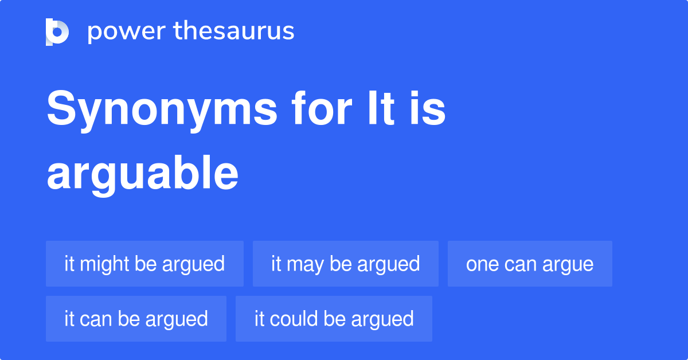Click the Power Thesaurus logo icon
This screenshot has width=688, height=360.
pos(57,32)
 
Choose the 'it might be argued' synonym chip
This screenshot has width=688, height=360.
pos(144,264)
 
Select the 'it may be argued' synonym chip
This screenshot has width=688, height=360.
pos(345,264)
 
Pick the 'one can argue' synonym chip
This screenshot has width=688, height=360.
pos(530,264)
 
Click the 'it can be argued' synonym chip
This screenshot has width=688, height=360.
pos(136,319)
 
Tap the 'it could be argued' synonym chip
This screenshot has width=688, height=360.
pos(334,319)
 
